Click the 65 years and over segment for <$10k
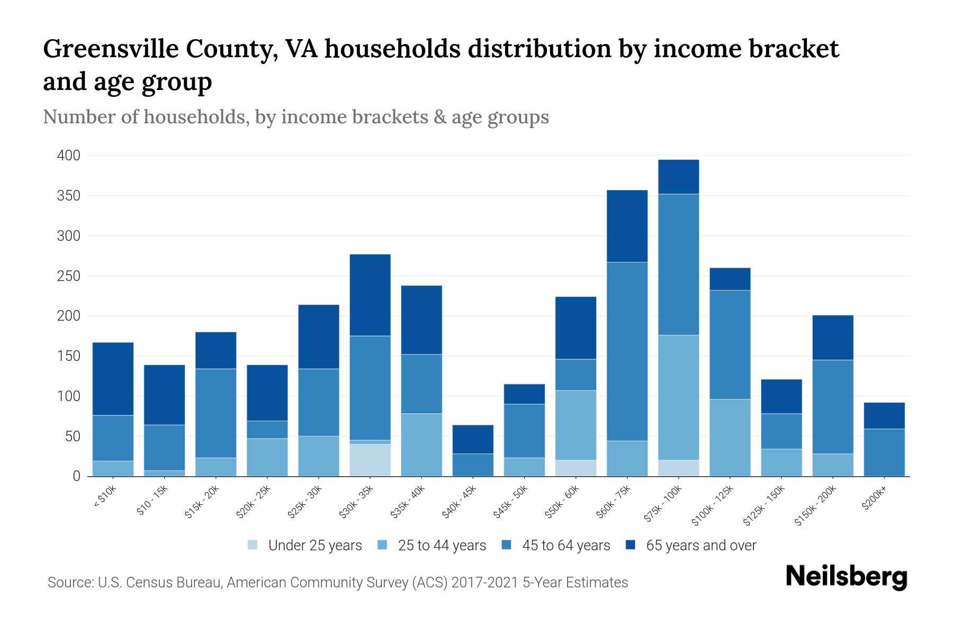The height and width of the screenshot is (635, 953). [113, 378]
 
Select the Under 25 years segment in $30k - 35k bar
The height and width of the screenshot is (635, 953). [370, 459]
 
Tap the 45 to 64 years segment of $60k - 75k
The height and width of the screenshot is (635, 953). [627, 351]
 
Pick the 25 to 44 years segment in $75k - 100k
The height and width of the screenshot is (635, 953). [678, 397]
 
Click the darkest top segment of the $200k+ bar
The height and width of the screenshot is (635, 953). [884, 415]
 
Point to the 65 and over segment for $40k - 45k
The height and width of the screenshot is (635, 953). [473, 439]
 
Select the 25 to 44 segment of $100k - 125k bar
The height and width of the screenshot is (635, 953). [730, 437]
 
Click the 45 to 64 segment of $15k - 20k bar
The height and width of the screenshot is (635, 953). [215, 413]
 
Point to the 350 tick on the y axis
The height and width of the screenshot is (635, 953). [69, 196]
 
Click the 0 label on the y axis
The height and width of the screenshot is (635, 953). [76, 476]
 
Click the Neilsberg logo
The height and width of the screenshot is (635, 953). [846, 577]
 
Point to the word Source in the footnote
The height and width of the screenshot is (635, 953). [69, 583]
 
